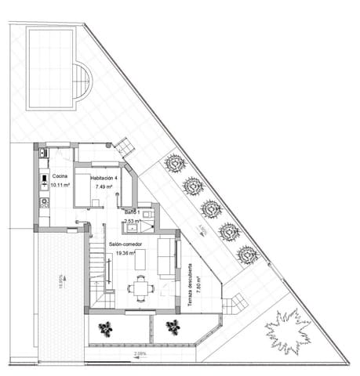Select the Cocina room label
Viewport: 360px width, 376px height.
coord(60,177)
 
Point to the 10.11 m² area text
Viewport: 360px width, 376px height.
coord(60,186)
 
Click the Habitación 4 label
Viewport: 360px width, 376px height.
coord(104,178)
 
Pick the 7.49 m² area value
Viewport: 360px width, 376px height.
coord(104,187)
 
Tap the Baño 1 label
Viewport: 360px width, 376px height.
coord(131,213)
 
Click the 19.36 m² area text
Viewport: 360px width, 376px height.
coord(125,254)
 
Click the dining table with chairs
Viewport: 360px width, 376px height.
coord(141,288)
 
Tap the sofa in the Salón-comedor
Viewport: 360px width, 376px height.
coord(166,257)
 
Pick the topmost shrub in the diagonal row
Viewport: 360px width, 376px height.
coord(174,164)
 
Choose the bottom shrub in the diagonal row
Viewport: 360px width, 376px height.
coord(248,255)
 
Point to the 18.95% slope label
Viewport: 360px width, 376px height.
coord(60,281)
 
